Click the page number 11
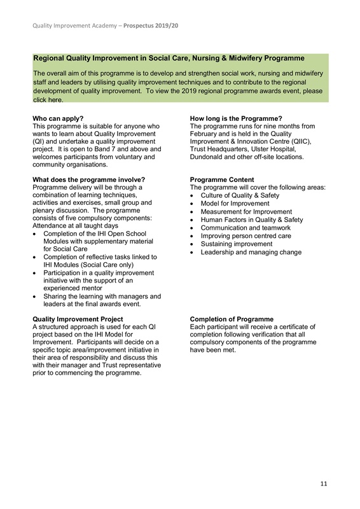coord(324,484)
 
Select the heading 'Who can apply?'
coord(58,118)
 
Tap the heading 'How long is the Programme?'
coord(236,118)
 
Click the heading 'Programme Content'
coord(222,179)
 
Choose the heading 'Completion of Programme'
coord(232,319)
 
